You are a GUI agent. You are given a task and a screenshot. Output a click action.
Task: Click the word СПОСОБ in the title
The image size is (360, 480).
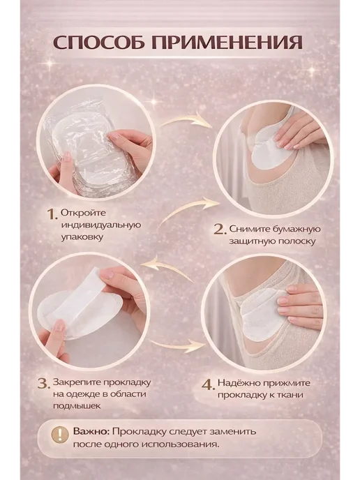point(99,43)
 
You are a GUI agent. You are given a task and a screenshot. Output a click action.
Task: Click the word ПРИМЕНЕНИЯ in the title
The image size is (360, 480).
point(227,43)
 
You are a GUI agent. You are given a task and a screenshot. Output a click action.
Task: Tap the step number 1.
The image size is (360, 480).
point(52,214)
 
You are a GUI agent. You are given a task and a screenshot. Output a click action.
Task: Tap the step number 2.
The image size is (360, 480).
point(220,230)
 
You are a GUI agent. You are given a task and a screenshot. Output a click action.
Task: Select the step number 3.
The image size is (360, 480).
point(43,384)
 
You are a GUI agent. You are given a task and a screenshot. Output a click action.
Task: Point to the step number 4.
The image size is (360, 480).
point(208,384)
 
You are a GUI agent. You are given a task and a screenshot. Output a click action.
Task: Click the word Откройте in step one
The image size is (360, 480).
point(83,213)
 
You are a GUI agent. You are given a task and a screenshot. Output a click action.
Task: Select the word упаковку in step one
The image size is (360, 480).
point(82,237)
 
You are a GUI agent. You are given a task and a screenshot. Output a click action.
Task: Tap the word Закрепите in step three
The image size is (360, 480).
point(77,382)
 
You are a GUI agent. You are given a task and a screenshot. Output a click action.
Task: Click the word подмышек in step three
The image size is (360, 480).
point(77,406)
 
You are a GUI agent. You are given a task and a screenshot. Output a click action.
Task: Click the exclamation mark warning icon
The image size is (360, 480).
point(60,435)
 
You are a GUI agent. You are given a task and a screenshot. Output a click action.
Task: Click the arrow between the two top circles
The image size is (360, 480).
point(186,120)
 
